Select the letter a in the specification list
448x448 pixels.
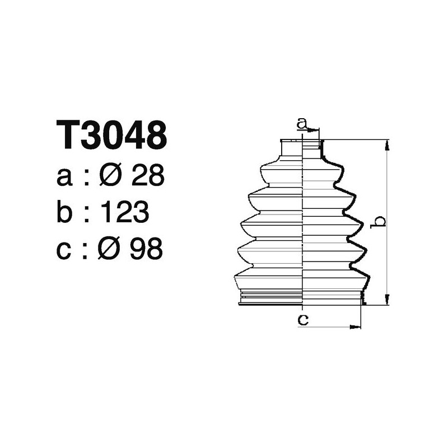click(65, 178)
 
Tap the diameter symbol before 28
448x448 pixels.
click(110, 176)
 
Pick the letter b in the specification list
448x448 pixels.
click(66, 212)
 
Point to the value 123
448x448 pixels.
click(124, 212)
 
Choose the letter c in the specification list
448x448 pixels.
click(65, 249)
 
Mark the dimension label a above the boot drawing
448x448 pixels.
click(302, 122)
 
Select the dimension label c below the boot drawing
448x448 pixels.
click(302, 320)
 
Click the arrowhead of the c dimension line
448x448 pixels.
click(357, 325)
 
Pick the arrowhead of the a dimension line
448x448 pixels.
click(315, 130)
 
